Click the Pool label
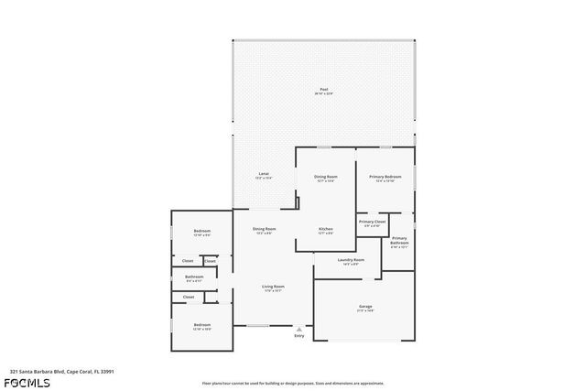324,89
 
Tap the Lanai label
264,173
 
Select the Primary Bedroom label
385,176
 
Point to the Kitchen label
326,229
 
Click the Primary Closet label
372,222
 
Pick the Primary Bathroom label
399,241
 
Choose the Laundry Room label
351,260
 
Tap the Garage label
365,306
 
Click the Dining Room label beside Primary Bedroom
326,176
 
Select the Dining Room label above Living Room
265,229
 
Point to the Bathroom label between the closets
194,277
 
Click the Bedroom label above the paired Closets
202,231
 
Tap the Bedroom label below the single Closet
202,325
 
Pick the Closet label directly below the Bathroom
189,297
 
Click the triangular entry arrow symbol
298,329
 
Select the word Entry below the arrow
298,336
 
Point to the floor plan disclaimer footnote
293,383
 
